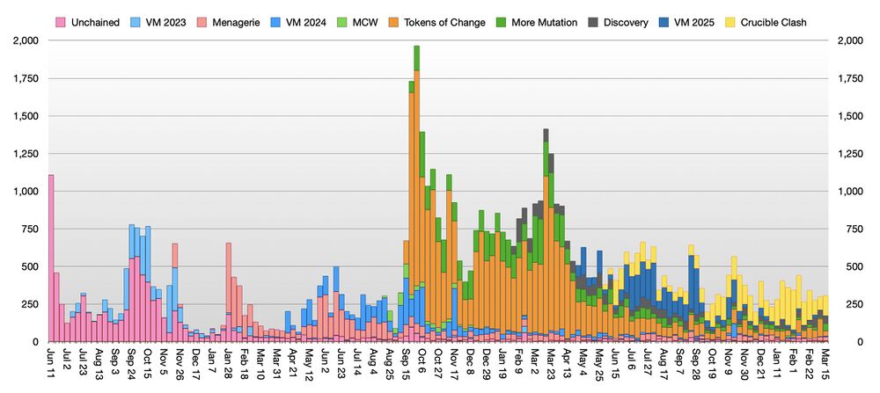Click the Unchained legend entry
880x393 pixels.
click(x=89, y=22)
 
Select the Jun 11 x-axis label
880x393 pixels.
click(x=50, y=362)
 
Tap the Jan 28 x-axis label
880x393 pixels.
click(x=228, y=362)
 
